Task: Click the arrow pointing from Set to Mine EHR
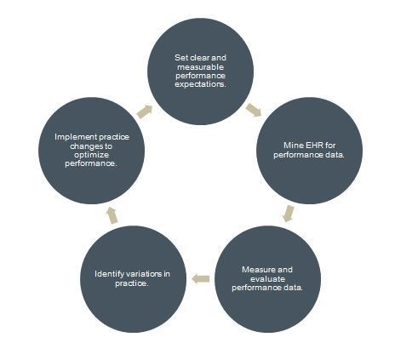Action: tap(254, 110)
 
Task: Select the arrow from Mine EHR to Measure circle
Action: tap(289, 214)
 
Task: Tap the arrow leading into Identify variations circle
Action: tap(201, 279)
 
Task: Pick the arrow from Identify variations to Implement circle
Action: tap(112, 215)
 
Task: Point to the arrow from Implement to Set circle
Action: tap(145, 111)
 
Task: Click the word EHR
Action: tap(314, 146)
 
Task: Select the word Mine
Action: tap(294, 146)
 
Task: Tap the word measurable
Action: tap(201, 67)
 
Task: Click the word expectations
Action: tap(200, 84)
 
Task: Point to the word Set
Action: tap(180, 58)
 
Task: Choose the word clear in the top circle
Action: tap(199, 58)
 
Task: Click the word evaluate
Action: tap(267, 278)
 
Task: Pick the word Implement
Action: tap(75, 137)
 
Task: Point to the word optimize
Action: tap(91, 155)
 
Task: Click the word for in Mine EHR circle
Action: tap(330, 146)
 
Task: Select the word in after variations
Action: tap(167, 274)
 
